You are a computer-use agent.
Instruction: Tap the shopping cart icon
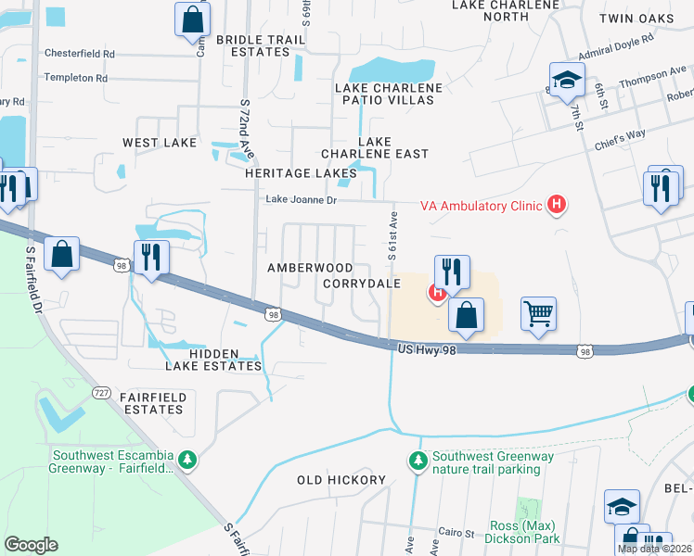point(538,315)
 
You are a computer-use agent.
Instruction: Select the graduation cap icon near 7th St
point(566,81)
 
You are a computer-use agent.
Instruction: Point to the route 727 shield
point(102,393)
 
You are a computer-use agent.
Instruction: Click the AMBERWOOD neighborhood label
point(310,268)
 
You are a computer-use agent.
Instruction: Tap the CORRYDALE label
point(362,284)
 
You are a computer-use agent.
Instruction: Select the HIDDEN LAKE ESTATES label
point(213,360)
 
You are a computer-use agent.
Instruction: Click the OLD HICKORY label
point(341,480)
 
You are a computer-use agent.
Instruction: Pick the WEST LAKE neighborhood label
point(160,143)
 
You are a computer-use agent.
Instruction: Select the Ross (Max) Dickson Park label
point(526,532)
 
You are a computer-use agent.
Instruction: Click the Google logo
point(31,545)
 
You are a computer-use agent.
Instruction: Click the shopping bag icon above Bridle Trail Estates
point(192,18)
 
